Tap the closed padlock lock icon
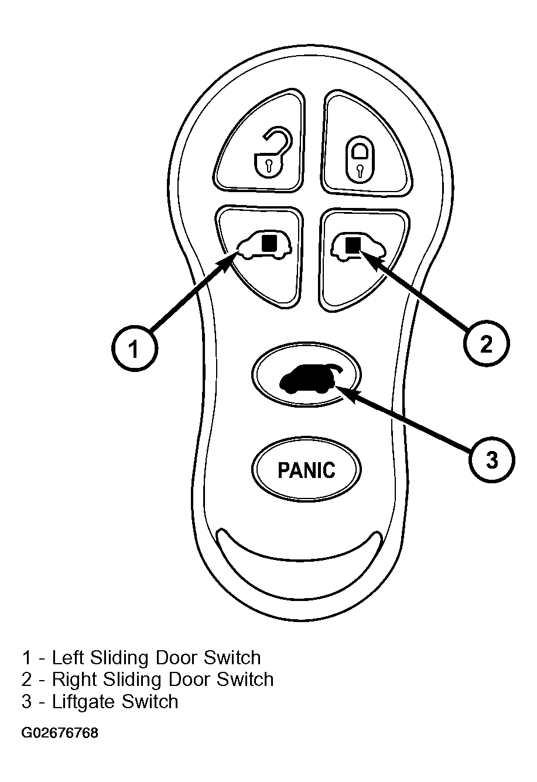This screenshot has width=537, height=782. click(x=360, y=161)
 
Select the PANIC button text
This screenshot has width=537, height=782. click(x=306, y=470)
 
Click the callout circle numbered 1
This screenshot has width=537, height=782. click(x=135, y=349)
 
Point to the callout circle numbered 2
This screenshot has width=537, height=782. click(x=487, y=343)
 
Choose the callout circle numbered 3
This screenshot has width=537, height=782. click(x=491, y=459)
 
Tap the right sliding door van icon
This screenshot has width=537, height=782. click(x=358, y=247)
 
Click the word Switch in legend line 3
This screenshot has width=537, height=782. click(x=150, y=701)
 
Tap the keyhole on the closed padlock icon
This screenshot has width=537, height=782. click(x=360, y=170)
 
